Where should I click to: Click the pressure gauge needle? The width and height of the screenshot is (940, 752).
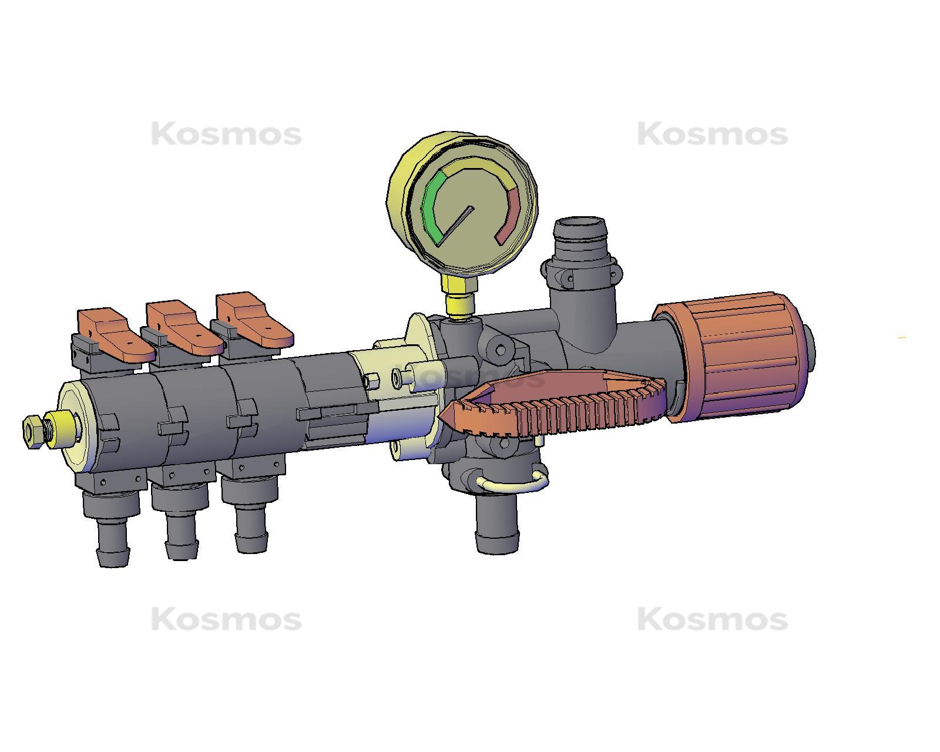point(456,224)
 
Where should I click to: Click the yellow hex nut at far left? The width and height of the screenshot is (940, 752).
point(32,432)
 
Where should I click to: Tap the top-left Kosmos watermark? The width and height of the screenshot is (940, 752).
point(226,135)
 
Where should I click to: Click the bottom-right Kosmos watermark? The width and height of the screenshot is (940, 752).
point(712,620)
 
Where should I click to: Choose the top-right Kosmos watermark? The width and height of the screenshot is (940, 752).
point(712,135)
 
